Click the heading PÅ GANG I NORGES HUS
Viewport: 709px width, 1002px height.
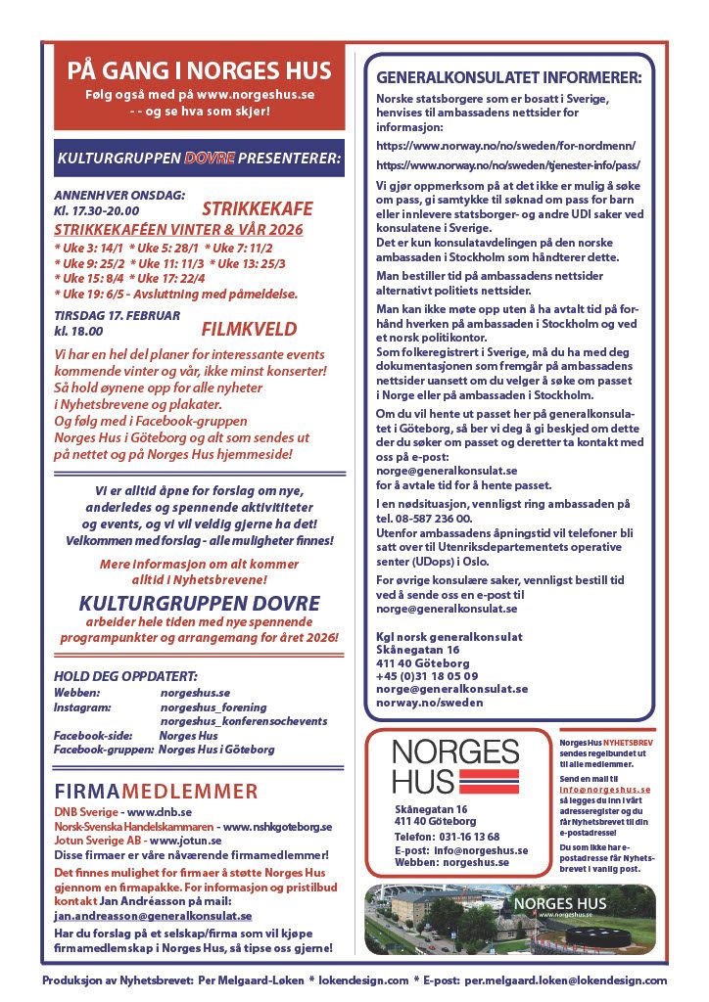point(199,71)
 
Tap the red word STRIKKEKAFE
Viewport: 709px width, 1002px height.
point(258,208)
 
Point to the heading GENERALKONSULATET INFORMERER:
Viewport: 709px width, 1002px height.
point(509,76)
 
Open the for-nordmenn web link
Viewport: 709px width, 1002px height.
point(506,145)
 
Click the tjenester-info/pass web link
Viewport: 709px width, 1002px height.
point(507,165)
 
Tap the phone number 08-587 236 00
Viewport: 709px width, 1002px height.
point(431,518)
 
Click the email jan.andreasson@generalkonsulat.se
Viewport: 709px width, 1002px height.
point(153,915)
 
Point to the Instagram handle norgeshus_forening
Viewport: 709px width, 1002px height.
point(215,706)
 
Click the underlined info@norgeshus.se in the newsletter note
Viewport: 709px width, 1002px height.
point(605,789)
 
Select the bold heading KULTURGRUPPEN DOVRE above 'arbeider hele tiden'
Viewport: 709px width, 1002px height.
point(200,603)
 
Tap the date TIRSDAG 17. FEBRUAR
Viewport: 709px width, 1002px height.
point(117,315)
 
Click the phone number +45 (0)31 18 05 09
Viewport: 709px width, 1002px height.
point(427,675)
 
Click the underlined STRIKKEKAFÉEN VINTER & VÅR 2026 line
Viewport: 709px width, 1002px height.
point(178,229)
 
